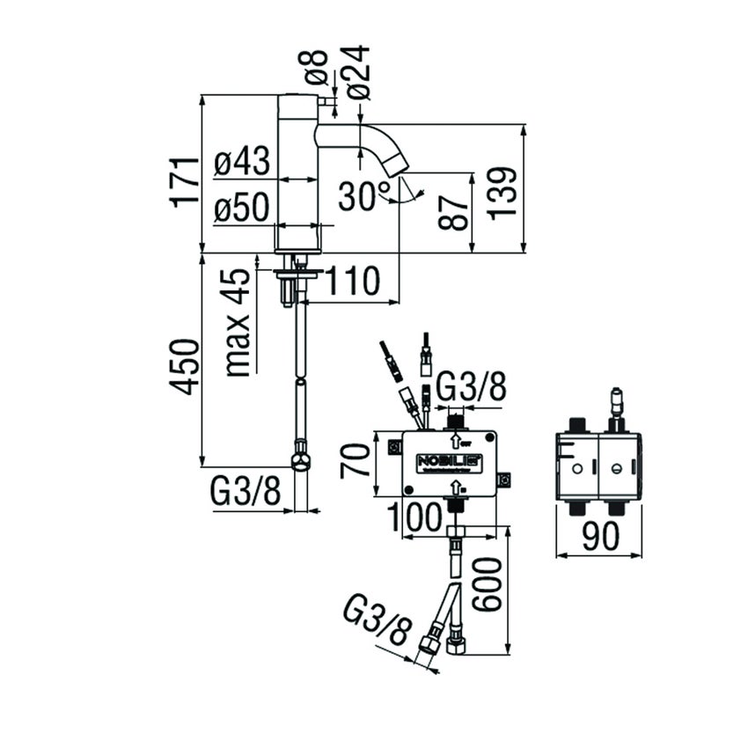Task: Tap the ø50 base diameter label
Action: [x=242, y=209]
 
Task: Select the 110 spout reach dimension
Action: [x=353, y=282]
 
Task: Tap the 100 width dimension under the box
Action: [x=414, y=517]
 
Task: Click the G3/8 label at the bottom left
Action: [x=246, y=493]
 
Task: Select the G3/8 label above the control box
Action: [x=472, y=387]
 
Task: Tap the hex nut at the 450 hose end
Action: [x=301, y=463]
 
